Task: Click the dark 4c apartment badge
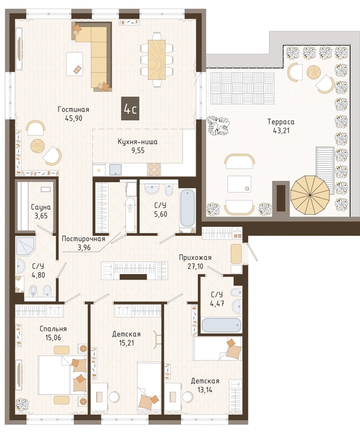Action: point(130,109)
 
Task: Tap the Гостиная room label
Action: point(73,109)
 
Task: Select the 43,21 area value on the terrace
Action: point(281,131)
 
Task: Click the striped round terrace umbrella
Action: point(310,195)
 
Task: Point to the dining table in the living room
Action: point(157,60)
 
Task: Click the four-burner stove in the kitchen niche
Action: point(154,169)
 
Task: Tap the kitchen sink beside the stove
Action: point(116,170)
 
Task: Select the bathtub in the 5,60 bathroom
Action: point(187,207)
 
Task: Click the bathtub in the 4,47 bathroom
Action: point(221,325)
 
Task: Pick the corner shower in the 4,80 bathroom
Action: point(25,246)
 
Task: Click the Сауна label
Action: point(41,207)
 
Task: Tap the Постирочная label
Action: point(83,239)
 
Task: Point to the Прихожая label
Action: point(195,257)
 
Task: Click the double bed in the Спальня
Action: point(62,375)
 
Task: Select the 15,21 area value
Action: point(126,343)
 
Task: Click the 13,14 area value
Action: point(205,389)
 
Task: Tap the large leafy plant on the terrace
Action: point(218,126)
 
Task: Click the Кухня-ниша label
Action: point(137,142)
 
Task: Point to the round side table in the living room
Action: point(37,146)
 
